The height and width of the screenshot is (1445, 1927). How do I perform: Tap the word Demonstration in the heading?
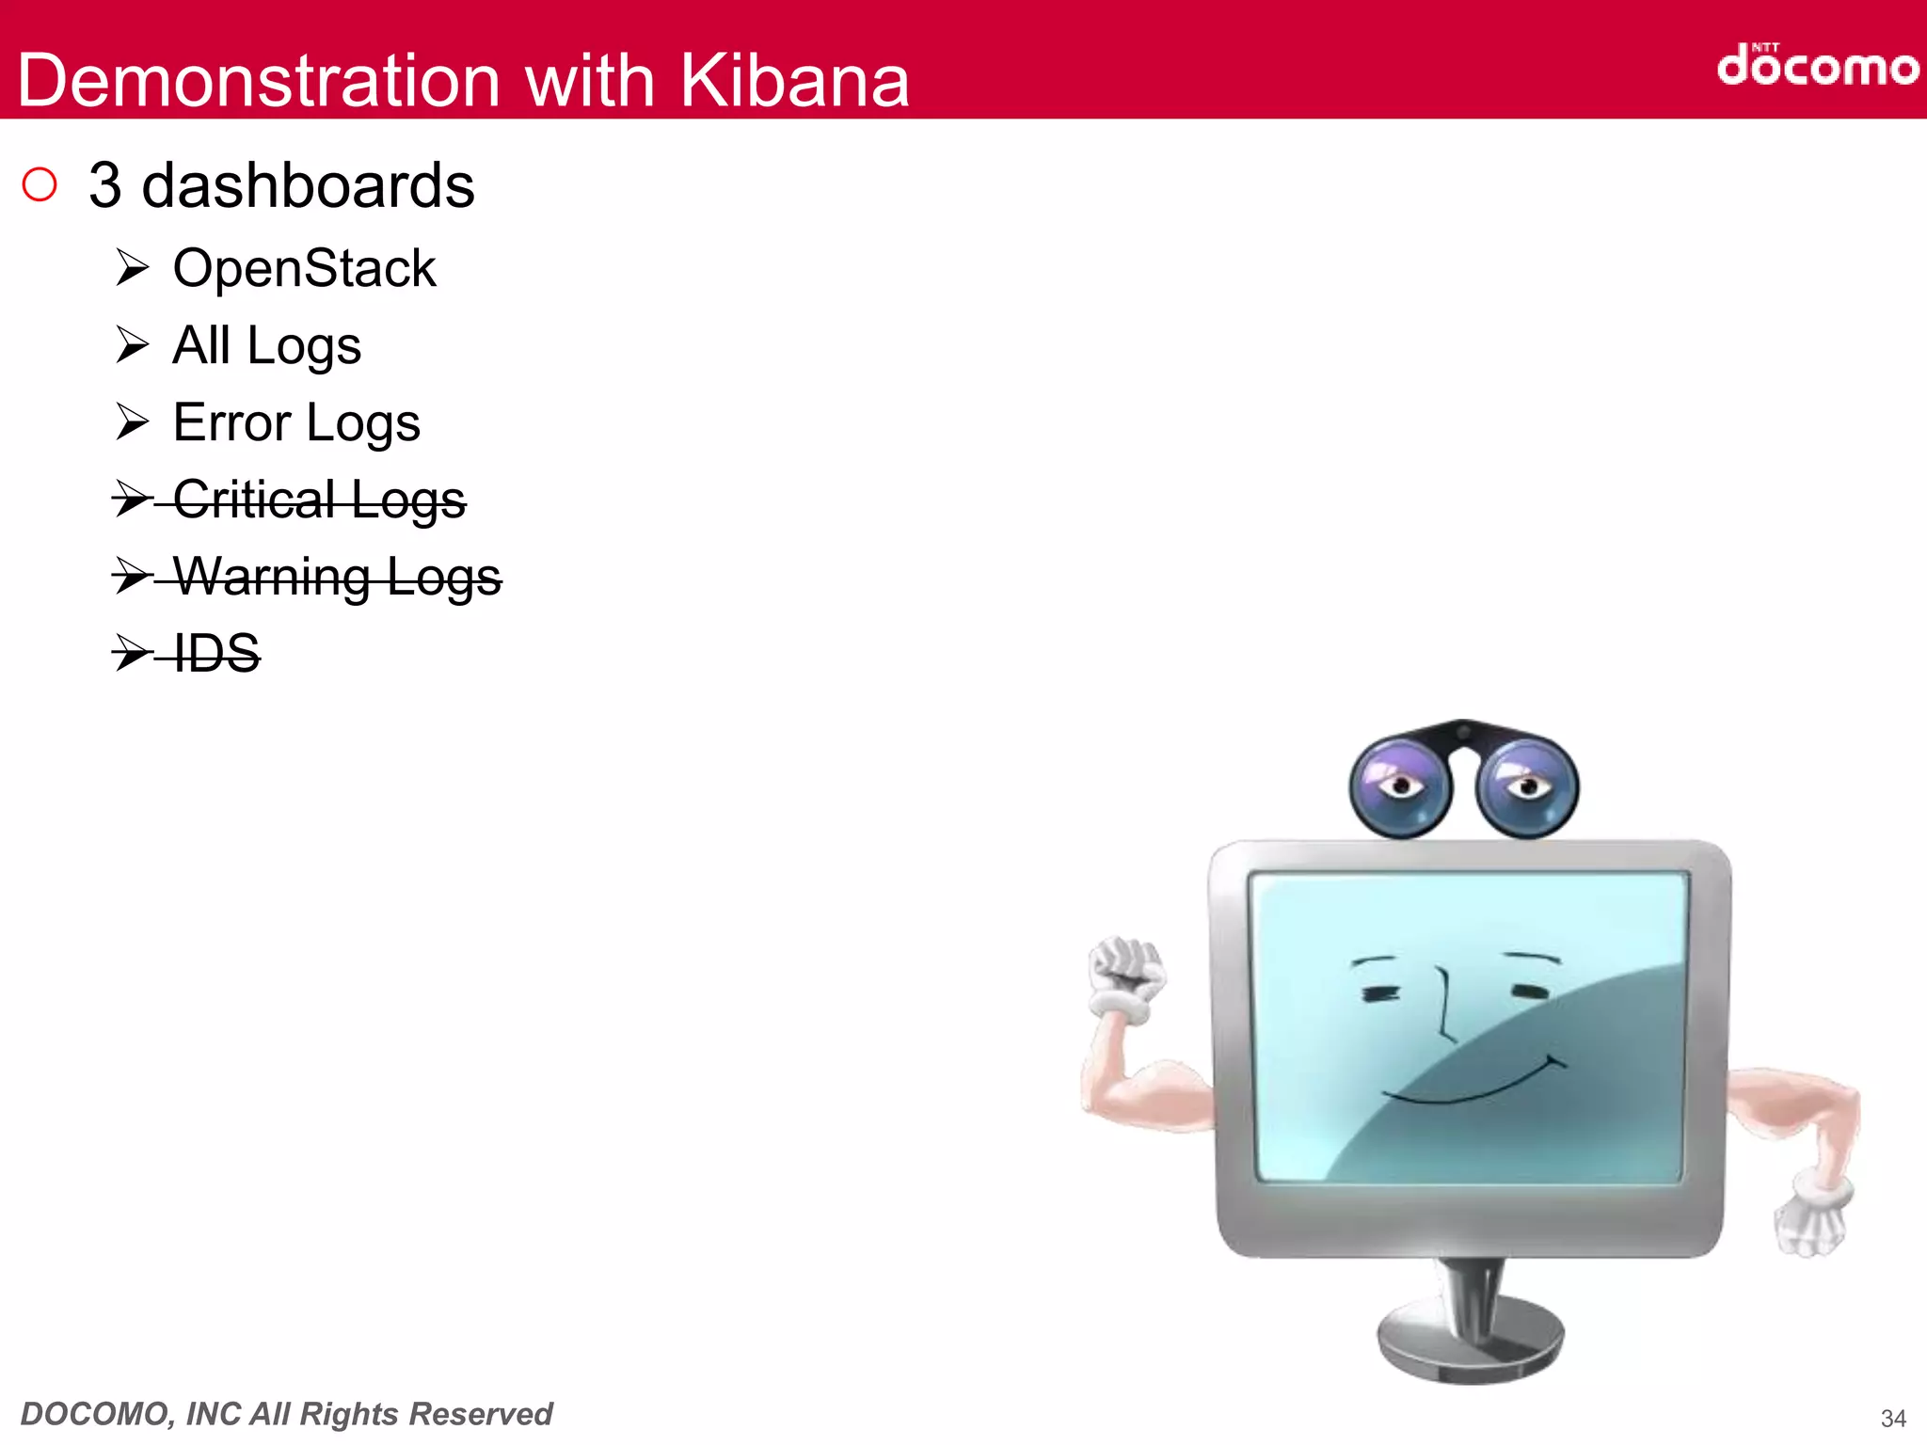click(259, 81)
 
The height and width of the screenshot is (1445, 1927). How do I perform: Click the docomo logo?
click(1816, 66)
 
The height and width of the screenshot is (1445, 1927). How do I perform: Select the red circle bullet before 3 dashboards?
click(40, 184)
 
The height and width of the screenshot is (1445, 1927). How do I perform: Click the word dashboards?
click(308, 185)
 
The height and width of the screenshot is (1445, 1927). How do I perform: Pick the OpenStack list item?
click(304, 269)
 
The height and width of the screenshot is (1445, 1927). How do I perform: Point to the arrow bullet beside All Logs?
click(133, 345)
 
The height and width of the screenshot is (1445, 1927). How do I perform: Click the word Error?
click(231, 422)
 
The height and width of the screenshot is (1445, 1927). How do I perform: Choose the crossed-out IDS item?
click(216, 653)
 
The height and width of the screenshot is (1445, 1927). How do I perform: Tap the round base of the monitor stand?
click(1470, 1341)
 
